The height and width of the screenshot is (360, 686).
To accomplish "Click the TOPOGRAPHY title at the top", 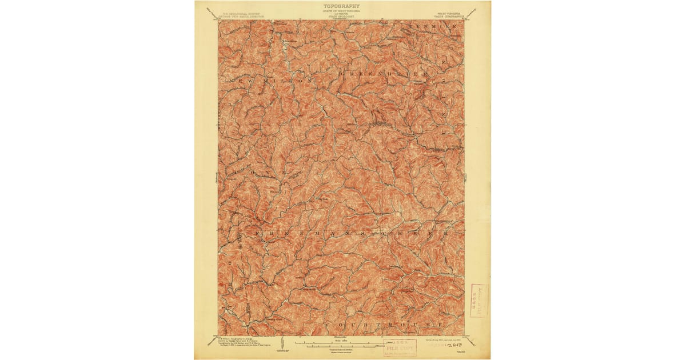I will coord(342,6).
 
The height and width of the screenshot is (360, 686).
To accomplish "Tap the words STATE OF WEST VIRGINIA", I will coord(342,11).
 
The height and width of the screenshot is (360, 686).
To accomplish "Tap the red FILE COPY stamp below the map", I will coord(400,347).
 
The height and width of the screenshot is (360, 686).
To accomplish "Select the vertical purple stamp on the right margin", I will coord(478,301).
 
